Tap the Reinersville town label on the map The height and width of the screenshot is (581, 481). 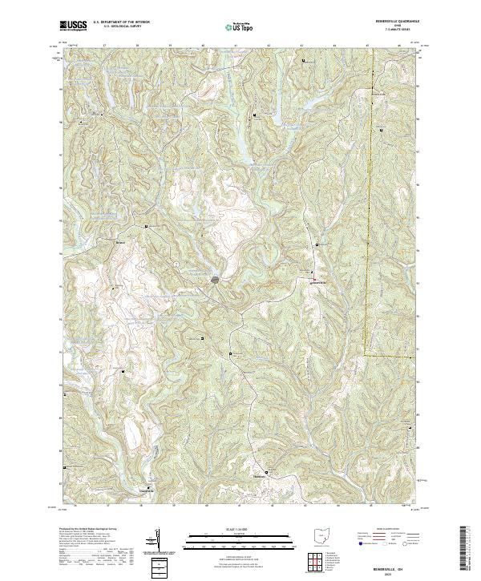[318, 282]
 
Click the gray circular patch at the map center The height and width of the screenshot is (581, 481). [216, 280]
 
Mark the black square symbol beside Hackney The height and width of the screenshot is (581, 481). [269, 473]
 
